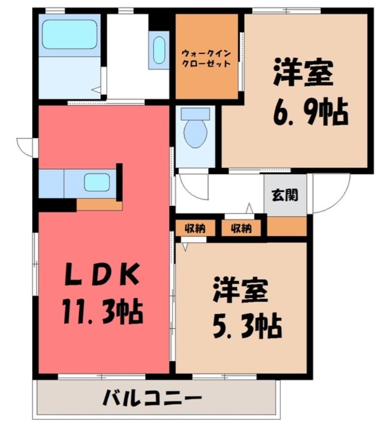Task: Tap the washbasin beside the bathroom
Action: (x=158, y=50)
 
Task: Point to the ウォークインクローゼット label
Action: (x=206, y=57)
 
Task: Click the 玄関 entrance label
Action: (x=284, y=194)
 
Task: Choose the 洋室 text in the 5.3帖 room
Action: (x=241, y=290)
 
